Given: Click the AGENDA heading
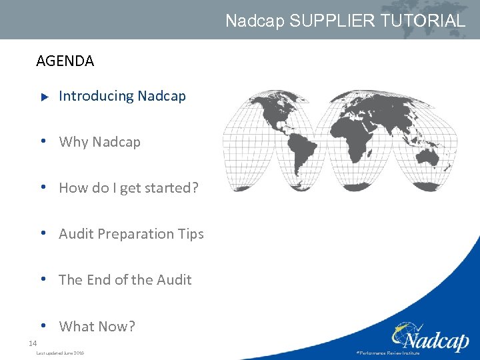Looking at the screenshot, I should (65, 61).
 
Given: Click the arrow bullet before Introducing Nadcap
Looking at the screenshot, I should (45, 97).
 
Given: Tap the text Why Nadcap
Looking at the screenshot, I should (99, 142).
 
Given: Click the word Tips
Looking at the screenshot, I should (191, 234).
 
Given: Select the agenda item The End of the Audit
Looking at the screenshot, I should (125, 280).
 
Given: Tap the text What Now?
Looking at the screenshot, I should (97, 326).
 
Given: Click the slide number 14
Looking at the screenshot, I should (32, 343).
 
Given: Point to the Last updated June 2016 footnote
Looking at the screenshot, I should (60, 353).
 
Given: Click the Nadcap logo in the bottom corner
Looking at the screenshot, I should (430, 337).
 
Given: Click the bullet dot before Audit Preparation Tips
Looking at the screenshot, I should (42, 233).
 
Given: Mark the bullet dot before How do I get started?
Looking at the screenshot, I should (42, 187).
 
